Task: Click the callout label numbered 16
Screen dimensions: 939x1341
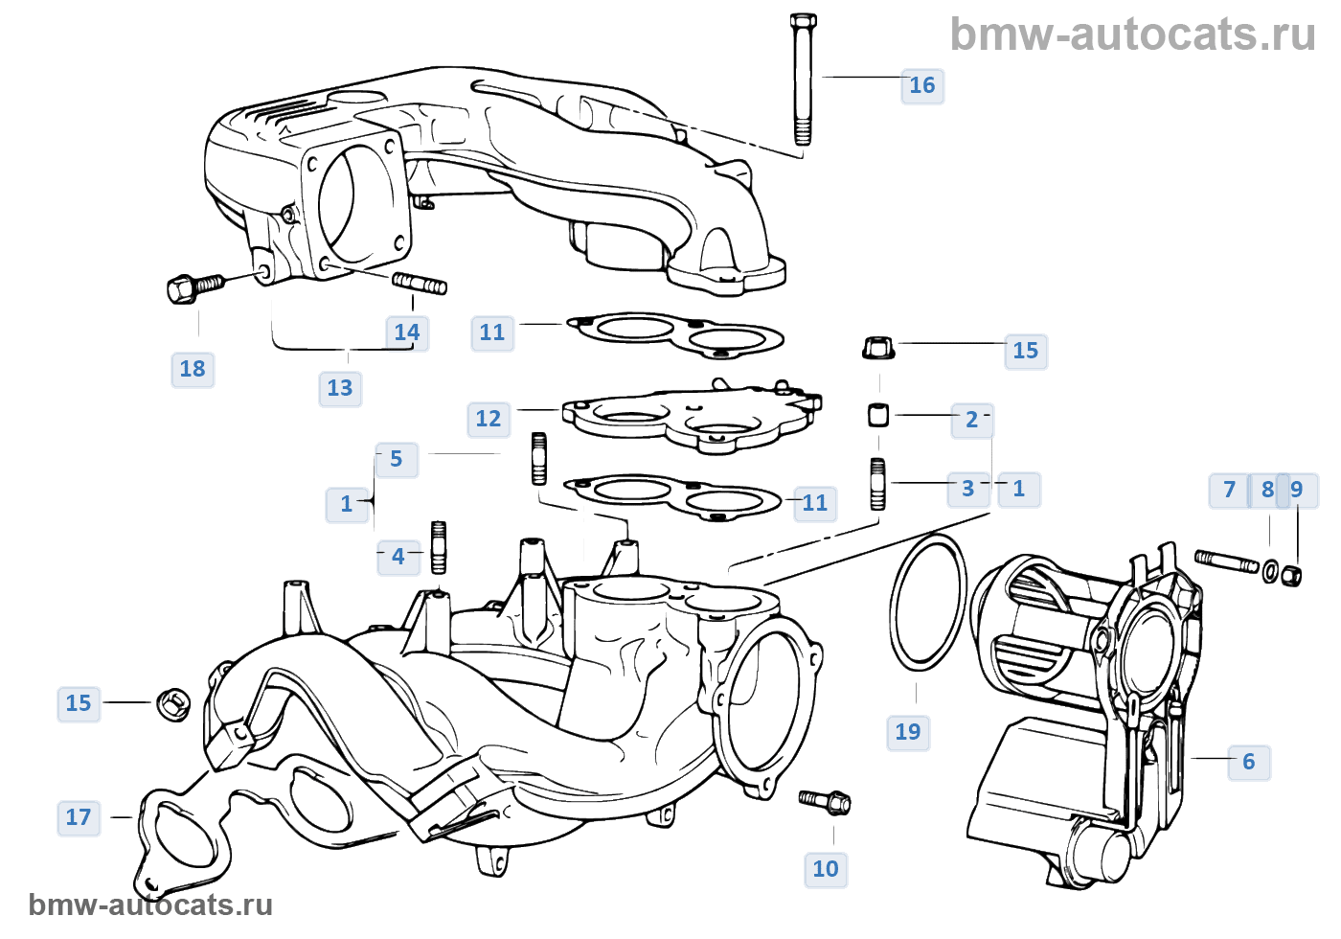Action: [x=921, y=85]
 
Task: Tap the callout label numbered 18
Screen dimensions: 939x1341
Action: [x=192, y=369]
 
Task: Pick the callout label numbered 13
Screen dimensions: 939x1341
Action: [x=339, y=388]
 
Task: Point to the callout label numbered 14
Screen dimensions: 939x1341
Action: [x=406, y=332]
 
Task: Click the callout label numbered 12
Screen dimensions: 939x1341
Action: [x=488, y=419]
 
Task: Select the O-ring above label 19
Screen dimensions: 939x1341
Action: [x=927, y=601]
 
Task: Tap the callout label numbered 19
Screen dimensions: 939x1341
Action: [x=907, y=732]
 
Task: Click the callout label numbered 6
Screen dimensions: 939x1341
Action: [x=1248, y=762]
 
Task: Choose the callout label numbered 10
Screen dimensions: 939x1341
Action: [x=825, y=869]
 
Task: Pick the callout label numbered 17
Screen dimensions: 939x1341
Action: [x=78, y=817]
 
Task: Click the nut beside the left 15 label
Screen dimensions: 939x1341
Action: [x=172, y=704]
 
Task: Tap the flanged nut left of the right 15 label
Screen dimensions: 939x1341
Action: [x=878, y=347]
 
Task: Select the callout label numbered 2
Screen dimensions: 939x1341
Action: [x=971, y=420]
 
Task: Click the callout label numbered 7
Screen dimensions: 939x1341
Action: [x=1229, y=490]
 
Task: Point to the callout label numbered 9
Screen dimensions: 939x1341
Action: [x=1297, y=490]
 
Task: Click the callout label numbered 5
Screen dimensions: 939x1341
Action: [x=396, y=459]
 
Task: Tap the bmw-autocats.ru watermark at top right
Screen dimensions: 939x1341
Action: [x=1132, y=34]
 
